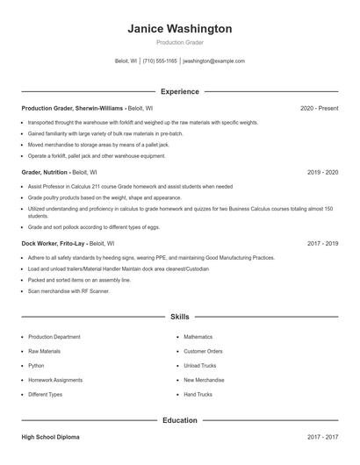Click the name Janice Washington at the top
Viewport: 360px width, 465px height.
180,29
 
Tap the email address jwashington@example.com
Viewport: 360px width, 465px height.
213,61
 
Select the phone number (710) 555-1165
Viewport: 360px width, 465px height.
160,61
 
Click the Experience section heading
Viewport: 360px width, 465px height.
180,91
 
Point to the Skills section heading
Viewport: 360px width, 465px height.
180,316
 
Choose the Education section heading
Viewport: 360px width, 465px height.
180,420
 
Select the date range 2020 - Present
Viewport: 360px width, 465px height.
319,108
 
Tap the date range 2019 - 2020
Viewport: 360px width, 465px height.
322,172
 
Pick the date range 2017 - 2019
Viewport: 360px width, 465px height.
322,243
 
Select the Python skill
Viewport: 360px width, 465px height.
36,365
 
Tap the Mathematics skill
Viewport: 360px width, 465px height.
198,337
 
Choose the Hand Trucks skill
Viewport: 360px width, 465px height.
198,394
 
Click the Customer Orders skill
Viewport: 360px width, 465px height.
203,351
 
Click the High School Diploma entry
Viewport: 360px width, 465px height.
54,436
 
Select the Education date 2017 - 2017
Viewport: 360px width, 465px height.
322,436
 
